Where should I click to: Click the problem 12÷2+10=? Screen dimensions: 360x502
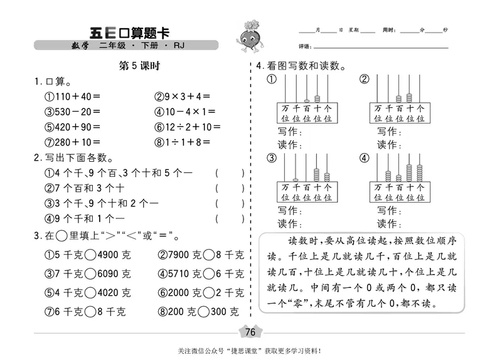[x=188, y=127]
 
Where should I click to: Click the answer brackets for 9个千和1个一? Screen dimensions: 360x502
[x=230, y=218]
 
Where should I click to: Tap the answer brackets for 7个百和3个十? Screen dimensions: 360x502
[x=230, y=188]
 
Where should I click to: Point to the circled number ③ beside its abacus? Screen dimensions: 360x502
[x=271, y=158]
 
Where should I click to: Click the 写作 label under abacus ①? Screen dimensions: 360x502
[x=289, y=132]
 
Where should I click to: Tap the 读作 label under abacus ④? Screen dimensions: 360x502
[x=388, y=223]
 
